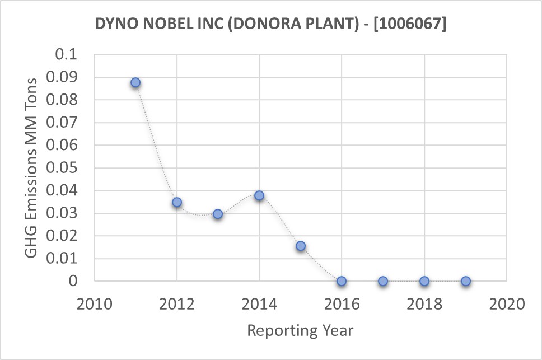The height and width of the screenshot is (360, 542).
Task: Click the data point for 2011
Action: point(135,82)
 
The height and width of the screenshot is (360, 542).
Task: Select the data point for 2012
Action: point(177,202)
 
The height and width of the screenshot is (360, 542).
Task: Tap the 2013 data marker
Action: point(218,214)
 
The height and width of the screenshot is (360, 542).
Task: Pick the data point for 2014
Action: point(259,195)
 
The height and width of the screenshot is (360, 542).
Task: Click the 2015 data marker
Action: point(301,246)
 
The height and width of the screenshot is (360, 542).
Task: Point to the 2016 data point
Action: point(342,281)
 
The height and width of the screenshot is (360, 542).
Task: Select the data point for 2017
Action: point(383,281)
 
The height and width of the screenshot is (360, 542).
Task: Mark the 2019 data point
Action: point(465,281)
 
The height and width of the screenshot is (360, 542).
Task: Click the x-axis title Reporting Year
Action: point(300,330)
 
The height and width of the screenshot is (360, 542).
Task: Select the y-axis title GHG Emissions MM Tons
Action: point(32,168)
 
